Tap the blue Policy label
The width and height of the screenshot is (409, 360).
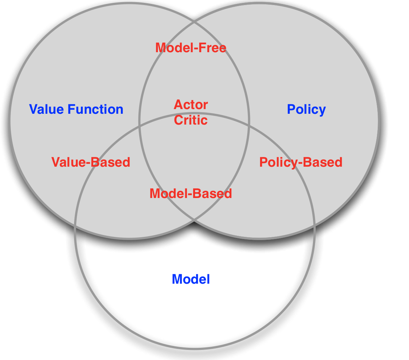tap(306, 109)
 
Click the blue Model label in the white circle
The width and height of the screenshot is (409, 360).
tap(191, 279)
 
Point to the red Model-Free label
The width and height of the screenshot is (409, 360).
tap(191, 48)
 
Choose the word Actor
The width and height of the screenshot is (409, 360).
tap(191, 105)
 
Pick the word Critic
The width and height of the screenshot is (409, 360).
tap(191, 120)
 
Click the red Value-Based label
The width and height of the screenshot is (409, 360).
tap(91, 162)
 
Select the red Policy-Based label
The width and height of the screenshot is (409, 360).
tap(301, 162)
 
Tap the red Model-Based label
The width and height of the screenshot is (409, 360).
tap(191, 194)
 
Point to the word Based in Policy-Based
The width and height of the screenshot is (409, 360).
tap(322, 162)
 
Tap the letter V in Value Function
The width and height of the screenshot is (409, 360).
tap(33, 109)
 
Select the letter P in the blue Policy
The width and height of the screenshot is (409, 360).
tap(291, 109)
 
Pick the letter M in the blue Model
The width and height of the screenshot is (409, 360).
tap(177, 279)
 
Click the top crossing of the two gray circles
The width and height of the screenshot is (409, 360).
tap(194, 22)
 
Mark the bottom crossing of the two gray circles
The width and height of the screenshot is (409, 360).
tap(194, 219)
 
